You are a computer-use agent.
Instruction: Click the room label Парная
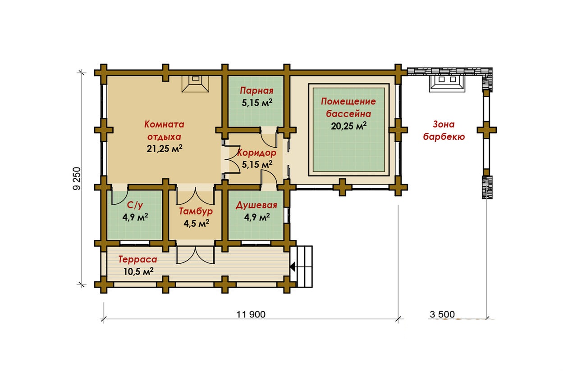(256, 90)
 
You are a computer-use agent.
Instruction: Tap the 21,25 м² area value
(165, 149)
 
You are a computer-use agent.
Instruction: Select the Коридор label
(256, 153)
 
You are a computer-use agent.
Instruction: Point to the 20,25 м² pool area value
(348, 126)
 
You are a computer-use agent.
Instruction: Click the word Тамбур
(196, 211)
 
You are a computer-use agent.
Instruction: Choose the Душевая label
(256, 205)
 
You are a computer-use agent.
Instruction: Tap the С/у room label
(135, 205)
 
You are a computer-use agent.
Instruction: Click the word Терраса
(137, 259)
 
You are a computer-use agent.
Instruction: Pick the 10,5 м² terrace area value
(138, 271)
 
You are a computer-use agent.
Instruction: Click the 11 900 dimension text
(251, 314)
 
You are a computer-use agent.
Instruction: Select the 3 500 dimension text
(442, 314)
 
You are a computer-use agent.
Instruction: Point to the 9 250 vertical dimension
(77, 179)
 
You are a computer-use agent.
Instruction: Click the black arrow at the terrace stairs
(293, 267)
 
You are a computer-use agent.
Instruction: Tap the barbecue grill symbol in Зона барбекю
(447, 83)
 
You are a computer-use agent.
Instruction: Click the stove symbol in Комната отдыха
(195, 84)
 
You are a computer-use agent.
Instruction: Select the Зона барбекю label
(444, 131)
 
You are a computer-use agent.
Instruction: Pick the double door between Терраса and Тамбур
(195, 255)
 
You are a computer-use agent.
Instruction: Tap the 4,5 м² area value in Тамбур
(196, 223)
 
